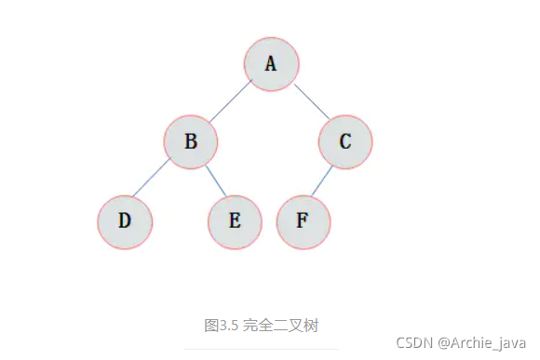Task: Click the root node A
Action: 271,63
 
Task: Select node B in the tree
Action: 191,141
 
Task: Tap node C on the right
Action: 345,141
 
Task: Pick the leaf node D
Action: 124,221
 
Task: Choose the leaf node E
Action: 235,221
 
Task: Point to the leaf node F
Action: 303,221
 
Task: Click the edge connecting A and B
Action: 231,101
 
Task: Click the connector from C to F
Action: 322,182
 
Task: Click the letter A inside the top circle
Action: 271,63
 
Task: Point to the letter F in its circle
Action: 302,221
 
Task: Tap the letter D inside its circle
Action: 125,221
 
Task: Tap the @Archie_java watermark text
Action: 482,343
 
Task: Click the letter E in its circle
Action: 235,221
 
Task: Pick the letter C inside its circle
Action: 345,141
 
